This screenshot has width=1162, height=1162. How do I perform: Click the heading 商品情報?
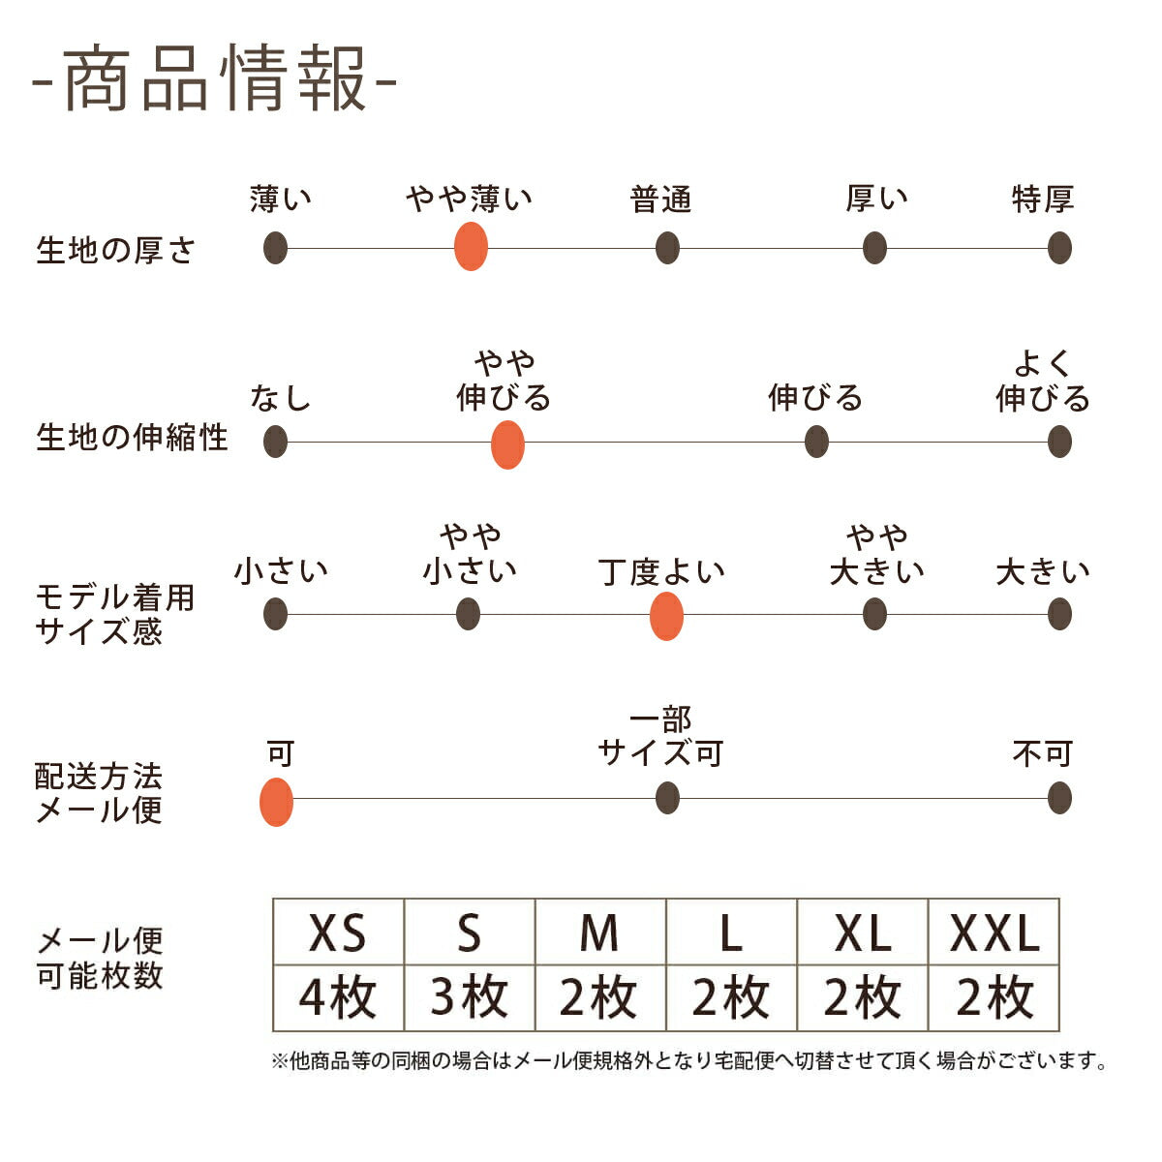(214, 79)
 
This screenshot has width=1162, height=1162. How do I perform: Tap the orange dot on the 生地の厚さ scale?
(471, 247)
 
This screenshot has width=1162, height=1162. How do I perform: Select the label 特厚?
(1043, 199)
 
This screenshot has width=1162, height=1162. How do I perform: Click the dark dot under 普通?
(667, 248)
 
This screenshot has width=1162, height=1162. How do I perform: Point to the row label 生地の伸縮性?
(132, 438)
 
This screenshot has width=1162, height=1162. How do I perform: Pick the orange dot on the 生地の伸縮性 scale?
(507, 445)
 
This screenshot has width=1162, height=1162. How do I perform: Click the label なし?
(280, 398)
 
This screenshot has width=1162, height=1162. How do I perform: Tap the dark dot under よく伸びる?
(1059, 443)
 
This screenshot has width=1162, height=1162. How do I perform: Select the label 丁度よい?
(661, 572)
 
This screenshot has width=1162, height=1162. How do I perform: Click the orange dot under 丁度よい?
(666, 617)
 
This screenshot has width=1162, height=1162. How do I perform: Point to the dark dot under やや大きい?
(874, 614)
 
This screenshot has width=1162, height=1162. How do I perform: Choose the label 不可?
(1043, 753)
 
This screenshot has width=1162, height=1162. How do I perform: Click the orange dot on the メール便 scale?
(277, 802)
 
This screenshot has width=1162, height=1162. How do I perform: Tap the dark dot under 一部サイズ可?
(667, 799)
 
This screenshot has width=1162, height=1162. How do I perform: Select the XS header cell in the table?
(338, 933)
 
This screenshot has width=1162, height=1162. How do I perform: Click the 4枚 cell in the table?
(338, 997)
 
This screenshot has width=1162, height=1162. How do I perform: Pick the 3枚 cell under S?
(470, 997)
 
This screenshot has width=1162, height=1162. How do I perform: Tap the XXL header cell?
(994, 933)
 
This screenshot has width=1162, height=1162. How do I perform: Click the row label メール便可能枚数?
(100, 958)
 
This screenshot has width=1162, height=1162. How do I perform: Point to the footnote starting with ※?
(689, 1061)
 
